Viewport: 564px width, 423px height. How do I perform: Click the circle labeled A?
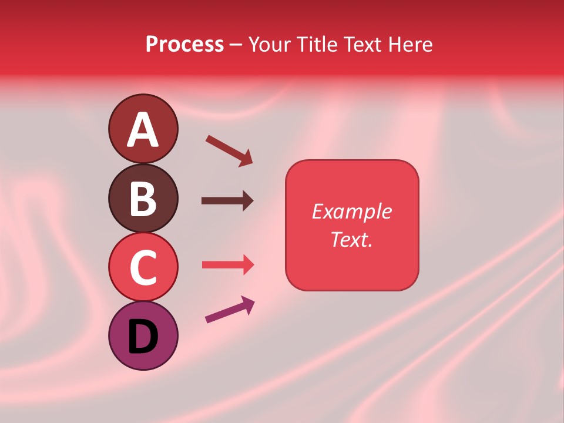pyautogui.click(x=143, y=129)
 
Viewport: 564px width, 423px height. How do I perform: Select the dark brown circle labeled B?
pyautogui.click(x=143, y=199)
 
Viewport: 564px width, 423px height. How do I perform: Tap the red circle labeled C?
pyautogui.click(x=143, y=267)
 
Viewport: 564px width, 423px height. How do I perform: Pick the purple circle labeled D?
pyautogui.click(x=143, y=336)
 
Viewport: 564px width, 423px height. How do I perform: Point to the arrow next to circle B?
pyautogui.click(x=227, y=201)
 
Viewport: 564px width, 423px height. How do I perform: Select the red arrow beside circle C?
pyautogui.click(x=228, y=264)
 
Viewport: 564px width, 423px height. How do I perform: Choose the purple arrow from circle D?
pyautogui.click(x=230, y=310)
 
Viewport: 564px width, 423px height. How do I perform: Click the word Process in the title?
pyautogui.click(x=184, y=44)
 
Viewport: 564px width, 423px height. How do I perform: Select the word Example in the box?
pyautogui.click(x=351, y=211)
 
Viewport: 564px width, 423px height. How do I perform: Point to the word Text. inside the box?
pyautogui.click(x=351, y=239)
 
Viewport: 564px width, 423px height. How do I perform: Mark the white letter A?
pyautogui.click(x=143, y=130)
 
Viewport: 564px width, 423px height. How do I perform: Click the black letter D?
pyautogui.click(x=143, y=337)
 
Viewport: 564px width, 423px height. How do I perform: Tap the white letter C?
pyautogui.click(x=143, y=268)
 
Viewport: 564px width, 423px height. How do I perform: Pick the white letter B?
pyautogui.click(x=143, y=199)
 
